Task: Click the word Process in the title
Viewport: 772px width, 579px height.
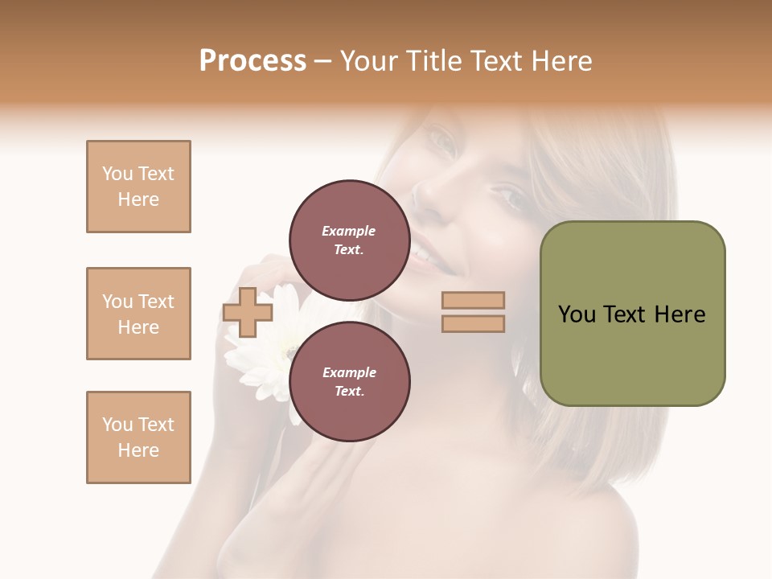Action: point(253,61)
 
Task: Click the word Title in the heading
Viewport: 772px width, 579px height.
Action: point(433,61)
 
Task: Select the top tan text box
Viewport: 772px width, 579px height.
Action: point(138,187)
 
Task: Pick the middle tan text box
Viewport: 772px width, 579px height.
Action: point(138,314)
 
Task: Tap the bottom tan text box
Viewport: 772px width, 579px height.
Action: point(138,437)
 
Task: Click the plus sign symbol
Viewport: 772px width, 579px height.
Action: point(248,312)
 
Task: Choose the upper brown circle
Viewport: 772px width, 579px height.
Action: point(349,240)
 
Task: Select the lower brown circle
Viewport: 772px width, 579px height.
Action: point(349,381)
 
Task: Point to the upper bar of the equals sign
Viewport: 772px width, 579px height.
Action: point(473,300)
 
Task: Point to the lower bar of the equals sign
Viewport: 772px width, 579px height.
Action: point(473,323)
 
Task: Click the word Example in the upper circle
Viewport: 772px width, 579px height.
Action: point(349,231)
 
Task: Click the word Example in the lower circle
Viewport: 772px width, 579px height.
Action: point(349,372)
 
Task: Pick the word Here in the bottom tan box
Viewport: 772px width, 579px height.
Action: point(138,450)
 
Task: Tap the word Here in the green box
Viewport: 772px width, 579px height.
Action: point(680,314)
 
